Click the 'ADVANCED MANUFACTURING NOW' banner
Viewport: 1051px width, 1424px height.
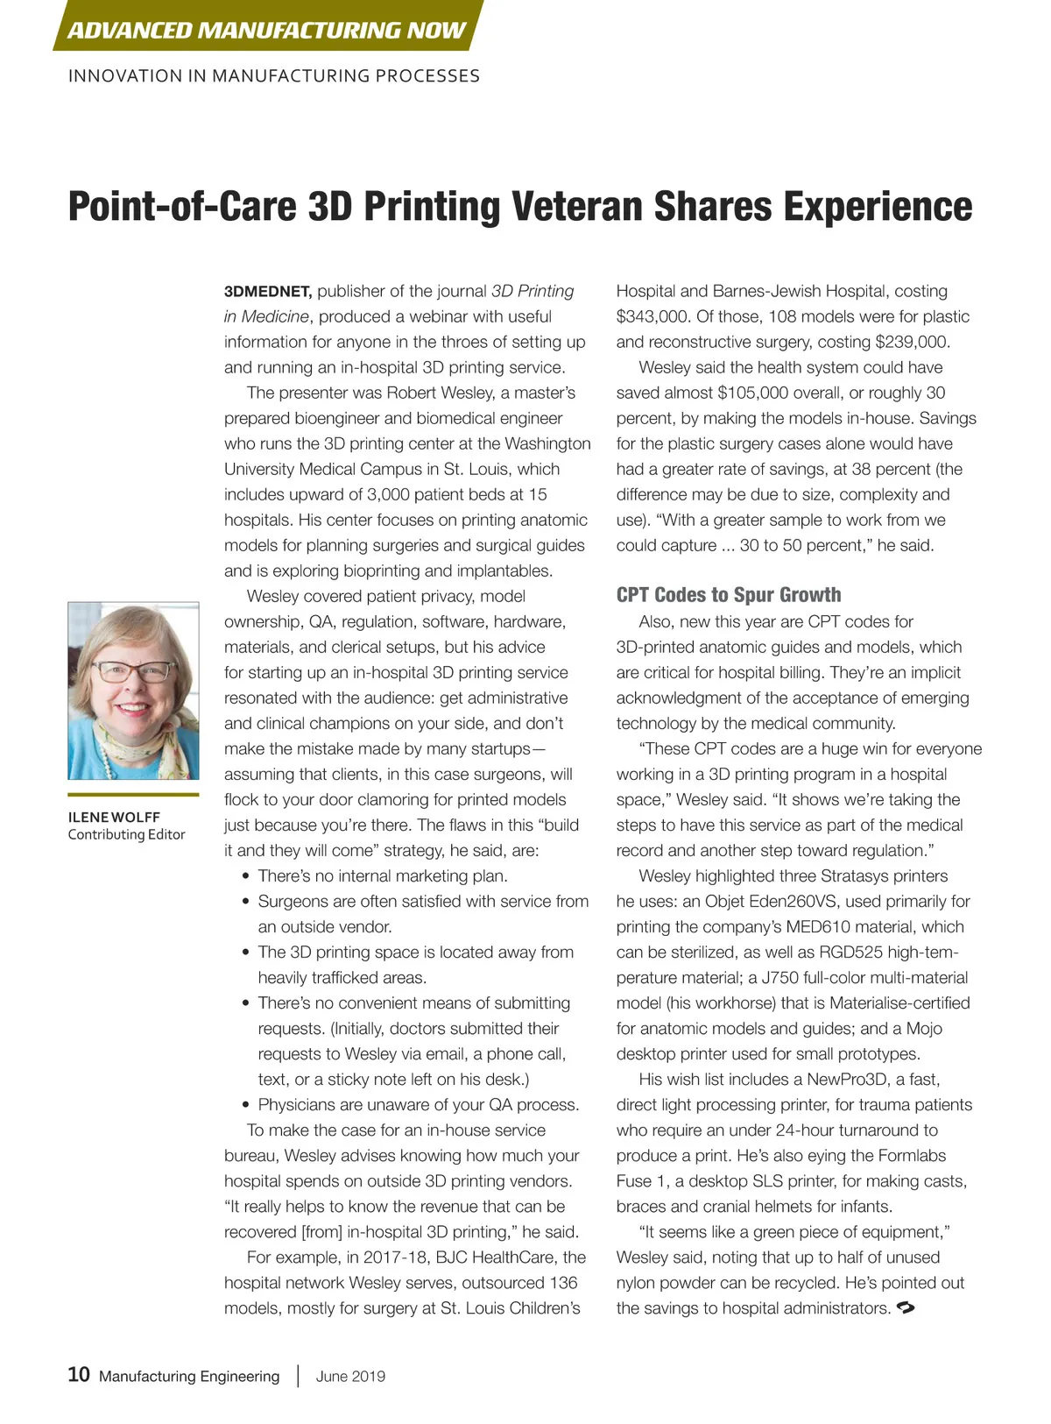[x=266, y=30]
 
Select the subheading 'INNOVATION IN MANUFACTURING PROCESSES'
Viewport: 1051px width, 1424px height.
[x=274, y=76]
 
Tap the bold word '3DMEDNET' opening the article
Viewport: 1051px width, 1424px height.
[x=268, y=292]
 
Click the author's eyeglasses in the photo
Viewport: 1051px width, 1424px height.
[x=134, y=672]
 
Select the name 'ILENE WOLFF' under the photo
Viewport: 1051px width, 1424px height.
[x=114, y=817]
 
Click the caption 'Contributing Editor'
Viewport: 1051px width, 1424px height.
[x=126, y=834]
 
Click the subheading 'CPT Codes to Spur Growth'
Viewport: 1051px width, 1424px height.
[x=729, y=595]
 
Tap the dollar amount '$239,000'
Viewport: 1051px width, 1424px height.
[x=912, y=342]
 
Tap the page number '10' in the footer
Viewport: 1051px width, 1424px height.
[x=79, y=1374]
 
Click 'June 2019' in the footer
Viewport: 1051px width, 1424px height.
[x=350, y=1376]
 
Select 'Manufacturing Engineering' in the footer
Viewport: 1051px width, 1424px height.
[x=189, y=1376]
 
